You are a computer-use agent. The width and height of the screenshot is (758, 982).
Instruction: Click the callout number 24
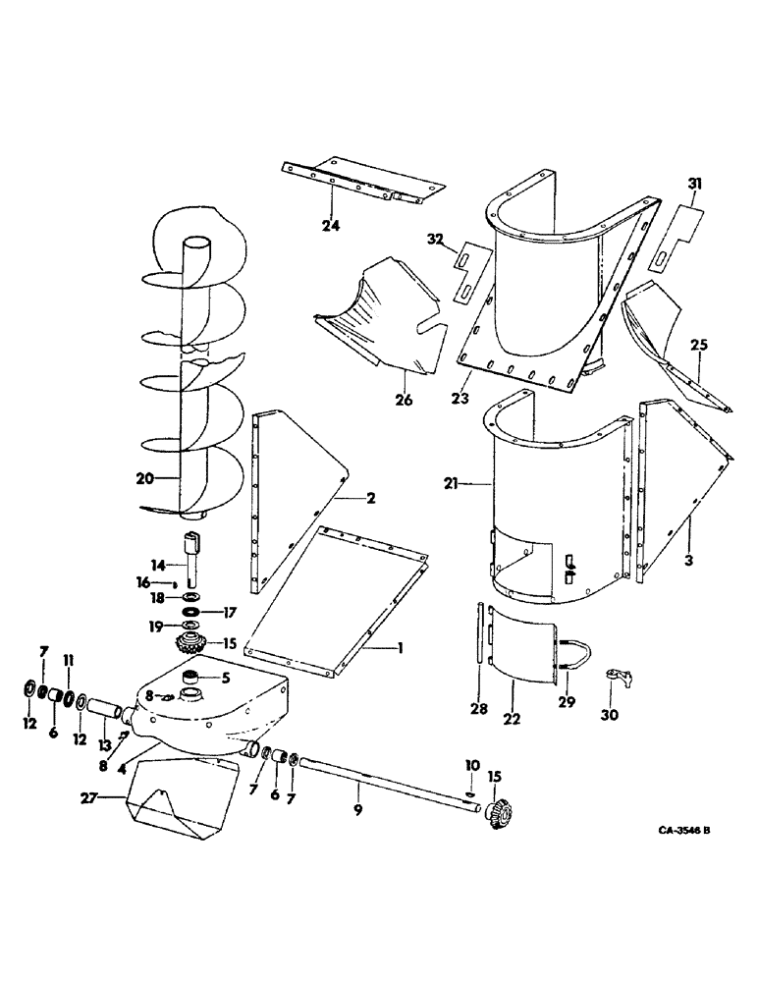click(x=330, y=224)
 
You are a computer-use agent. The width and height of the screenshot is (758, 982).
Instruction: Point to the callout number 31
click(x=695, y=184)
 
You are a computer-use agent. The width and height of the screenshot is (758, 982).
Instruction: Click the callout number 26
click(x=405, y=401)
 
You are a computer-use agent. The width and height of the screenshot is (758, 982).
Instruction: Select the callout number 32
click(x=436, y=238)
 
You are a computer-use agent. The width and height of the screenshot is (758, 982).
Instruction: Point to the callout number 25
click(x=699, y=346)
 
